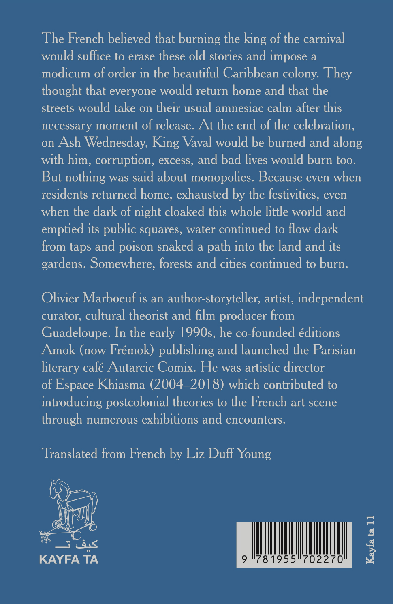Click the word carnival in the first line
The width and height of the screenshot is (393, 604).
click(324, 39)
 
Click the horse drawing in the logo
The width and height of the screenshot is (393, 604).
click(73, 507)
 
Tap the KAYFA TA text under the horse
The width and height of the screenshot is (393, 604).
click(69, 560)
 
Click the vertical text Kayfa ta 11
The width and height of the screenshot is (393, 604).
click(370, 540)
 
